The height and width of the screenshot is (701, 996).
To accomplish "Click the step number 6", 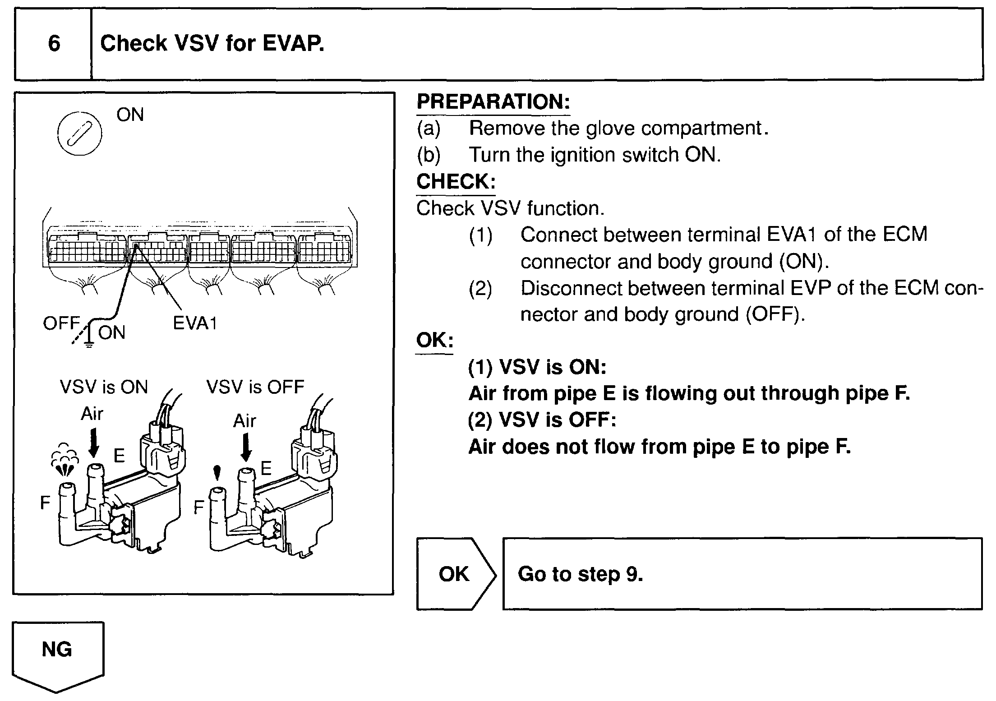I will [54, 44].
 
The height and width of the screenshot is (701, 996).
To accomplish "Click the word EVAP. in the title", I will [293, 44].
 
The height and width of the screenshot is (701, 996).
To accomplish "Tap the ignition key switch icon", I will [80, 133].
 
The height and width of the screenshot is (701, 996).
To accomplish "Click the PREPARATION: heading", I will [493, 101].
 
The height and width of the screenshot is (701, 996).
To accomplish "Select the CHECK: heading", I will [456, 181].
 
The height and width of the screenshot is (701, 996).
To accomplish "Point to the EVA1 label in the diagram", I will [195, 323].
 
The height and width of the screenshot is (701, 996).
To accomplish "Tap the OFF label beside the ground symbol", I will [61, 323].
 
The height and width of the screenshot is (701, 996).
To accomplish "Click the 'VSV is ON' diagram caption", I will [104, 387].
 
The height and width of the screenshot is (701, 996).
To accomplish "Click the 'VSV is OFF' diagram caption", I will [255, 387].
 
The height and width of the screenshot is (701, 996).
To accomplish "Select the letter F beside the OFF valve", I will [198, 508].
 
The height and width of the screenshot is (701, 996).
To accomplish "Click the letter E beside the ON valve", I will [119, 456].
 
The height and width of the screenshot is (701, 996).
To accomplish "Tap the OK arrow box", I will [455, 574].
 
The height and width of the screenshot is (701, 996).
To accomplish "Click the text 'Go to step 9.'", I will [580, 574].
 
